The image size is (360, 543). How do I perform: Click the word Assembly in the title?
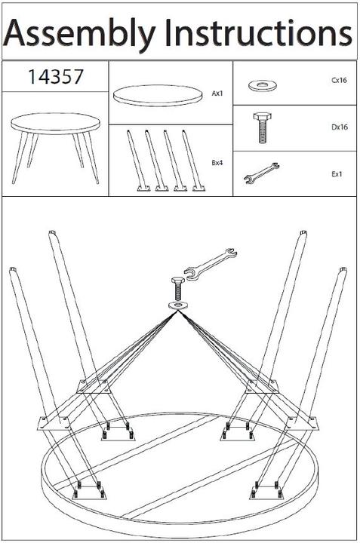(x=79, y=34)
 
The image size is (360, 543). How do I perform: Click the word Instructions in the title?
(x=259, y=33)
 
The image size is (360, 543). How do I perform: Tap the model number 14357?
(x=55, y=76)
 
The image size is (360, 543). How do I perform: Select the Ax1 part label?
(x=217, y=94)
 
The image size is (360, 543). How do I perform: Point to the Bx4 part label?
(x=217, y=163)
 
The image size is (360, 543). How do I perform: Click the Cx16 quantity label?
(x=339, y=81)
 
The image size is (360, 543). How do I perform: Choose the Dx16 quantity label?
(x=340, y=127)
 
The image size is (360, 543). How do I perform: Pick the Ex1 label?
(x=337, y=174)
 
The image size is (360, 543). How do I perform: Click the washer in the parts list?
(x=263, y=84)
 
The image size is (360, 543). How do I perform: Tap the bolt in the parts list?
(x=263, y=127)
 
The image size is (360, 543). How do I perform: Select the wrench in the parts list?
(x=261, y=173)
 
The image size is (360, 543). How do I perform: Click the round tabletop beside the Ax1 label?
(x=158, y=95)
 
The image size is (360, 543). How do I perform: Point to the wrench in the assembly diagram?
(x=211, y=263)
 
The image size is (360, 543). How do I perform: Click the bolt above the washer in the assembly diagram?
(x=177, y=289)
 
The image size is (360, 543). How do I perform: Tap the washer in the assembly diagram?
(x=178, y=305)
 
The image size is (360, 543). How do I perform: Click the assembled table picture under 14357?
(x=55, y=147)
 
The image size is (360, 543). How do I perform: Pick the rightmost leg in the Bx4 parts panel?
(x=194, y=161)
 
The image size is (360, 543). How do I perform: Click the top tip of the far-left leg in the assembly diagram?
(x=13, y=269)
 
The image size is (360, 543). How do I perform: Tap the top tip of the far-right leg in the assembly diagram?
(x=343, y=269)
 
